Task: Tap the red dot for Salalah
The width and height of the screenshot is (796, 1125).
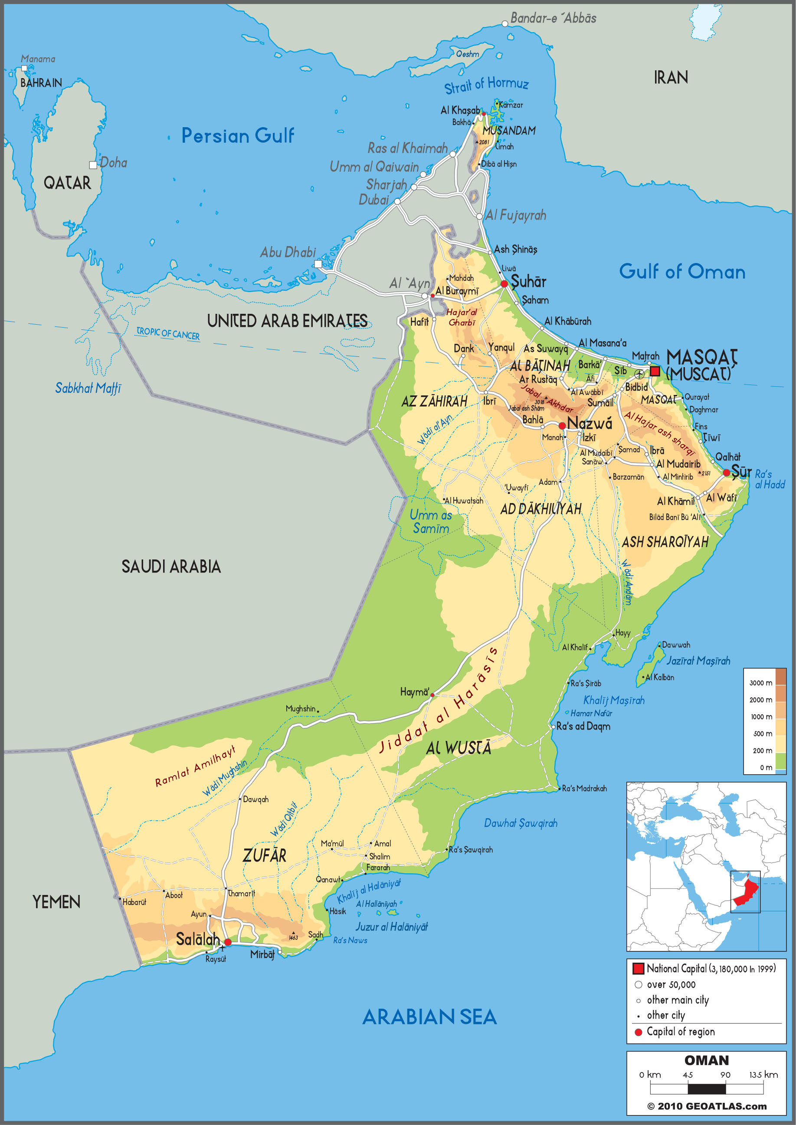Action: [228, 942]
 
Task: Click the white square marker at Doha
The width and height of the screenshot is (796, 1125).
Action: [93, 165]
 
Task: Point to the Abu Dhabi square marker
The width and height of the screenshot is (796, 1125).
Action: [318, 264]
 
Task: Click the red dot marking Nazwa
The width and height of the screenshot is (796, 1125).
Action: [562, 426]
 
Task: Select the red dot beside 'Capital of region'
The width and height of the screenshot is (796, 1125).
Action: [638, 1032]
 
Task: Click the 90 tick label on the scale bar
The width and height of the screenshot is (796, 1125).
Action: [725, 1075]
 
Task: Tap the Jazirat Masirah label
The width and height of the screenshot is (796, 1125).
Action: [698, 661]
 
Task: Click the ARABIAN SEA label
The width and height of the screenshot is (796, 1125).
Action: [429, 1017]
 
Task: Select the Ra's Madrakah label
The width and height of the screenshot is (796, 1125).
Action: [584, 789]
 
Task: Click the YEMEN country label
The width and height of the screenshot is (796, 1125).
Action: [56, 902]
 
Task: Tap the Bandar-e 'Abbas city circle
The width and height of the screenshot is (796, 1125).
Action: [505, 23]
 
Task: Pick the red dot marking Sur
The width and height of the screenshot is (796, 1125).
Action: [727, 473]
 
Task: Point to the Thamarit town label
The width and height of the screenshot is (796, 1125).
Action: [241, 894]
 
